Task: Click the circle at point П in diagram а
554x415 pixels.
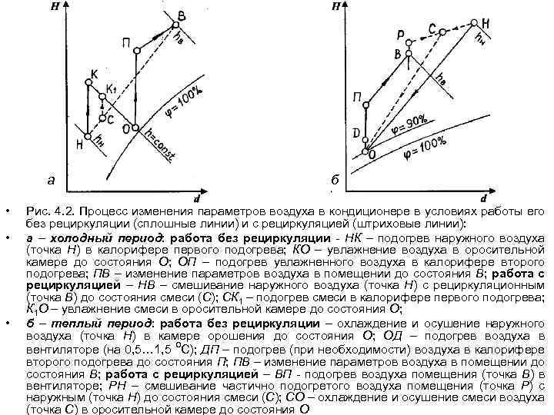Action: [135, 51]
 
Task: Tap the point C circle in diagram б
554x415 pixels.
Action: [442, 30]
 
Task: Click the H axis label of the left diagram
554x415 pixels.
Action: [55, 8]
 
